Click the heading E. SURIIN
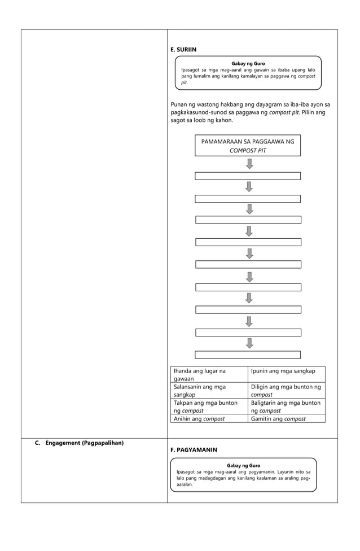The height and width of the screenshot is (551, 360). coord(183,50)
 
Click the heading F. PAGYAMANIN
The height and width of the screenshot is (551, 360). coord(193,450)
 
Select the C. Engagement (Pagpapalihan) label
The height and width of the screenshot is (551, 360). coord(79,443)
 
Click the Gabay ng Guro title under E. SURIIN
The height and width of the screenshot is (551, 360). coord(248,63)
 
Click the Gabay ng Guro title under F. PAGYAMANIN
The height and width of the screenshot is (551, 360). coord(243,465)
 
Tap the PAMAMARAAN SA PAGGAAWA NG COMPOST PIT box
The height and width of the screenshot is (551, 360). coord(248,146)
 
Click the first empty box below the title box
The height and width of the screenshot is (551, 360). coord(248,176)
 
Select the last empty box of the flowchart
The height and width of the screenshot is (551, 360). coord(248,355)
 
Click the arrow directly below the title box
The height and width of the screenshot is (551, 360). coord(249,164)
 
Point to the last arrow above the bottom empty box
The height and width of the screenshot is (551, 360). coord(249,343)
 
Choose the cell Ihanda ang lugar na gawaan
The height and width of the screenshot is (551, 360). coord(209,375)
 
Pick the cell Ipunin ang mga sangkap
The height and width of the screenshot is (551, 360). coord(287,371)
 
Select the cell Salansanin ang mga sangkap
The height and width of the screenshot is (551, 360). coord(209,391)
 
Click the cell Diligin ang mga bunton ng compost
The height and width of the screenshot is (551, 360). coord(287,391)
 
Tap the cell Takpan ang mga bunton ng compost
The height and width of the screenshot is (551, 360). coord(209,406)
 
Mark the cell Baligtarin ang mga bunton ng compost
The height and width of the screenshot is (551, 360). coord(287,406)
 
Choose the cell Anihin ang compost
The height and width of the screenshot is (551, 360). coord(209,419)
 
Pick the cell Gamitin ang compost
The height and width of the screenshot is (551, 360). coord(287,419)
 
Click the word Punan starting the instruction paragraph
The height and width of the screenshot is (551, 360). coord(180,104)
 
